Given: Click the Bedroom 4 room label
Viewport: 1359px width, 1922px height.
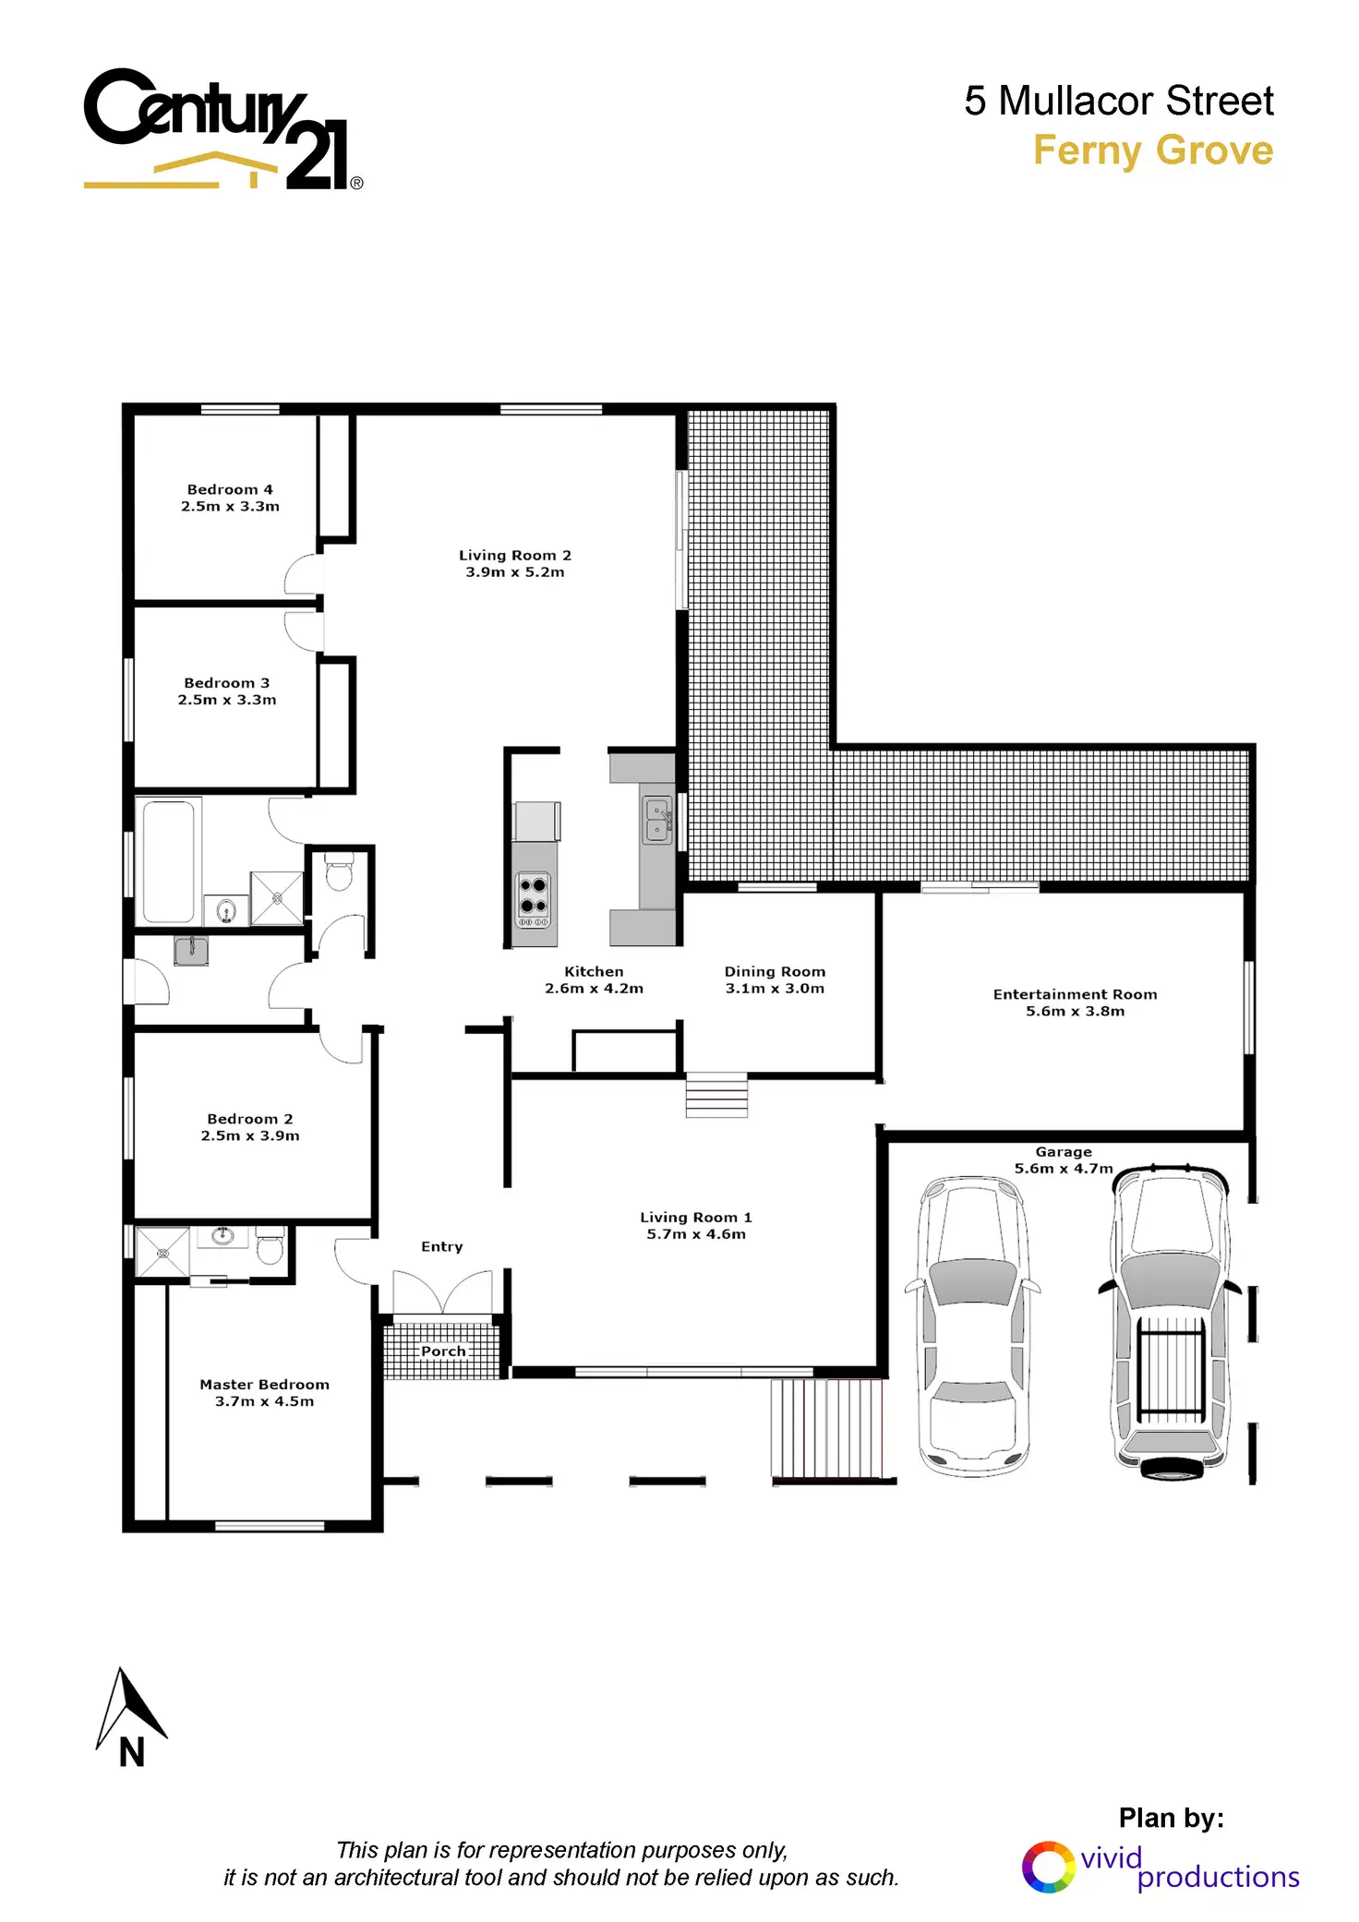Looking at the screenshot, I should tap(230, 489).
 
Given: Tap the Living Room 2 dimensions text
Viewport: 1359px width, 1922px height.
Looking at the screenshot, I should tap(515, 572).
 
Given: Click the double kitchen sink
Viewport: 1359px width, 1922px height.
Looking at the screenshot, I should tap(657, 821).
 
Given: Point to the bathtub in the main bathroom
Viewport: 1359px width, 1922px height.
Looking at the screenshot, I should tap(169, 861).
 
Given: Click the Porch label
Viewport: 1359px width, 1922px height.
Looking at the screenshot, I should tap(443, 1351).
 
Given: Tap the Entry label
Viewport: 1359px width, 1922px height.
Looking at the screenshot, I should tap(441, 1246).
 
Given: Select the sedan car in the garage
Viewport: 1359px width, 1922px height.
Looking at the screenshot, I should tap(973, 1326).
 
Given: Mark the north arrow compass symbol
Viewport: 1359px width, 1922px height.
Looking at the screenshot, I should tap(130, 1717).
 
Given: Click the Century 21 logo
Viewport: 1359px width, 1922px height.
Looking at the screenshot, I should tap(222, 129).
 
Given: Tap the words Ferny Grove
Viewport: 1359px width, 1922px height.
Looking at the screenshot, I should tap(1152, 150).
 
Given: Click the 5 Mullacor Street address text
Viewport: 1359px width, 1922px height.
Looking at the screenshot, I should tap(1118, 101).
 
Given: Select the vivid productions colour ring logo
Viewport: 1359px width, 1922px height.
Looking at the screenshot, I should tap(1048, 1867).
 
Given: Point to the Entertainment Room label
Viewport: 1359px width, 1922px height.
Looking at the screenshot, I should tap(1075, 994).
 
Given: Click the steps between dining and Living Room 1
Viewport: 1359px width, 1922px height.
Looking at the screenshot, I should tap(716, 1095).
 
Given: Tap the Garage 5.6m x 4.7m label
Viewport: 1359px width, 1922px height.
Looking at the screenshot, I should tap(1064, 1159).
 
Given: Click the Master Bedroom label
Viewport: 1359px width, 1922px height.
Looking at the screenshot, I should tap(264, 1384).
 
